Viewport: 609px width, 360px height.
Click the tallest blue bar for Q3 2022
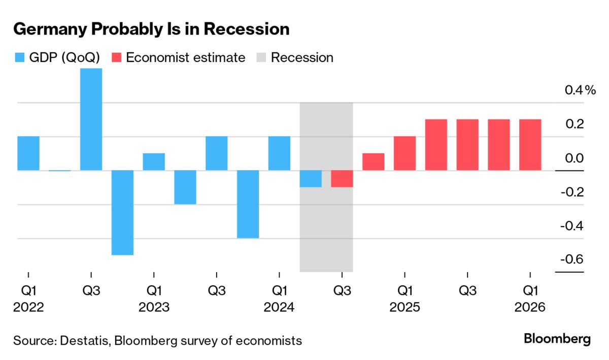[91, 119]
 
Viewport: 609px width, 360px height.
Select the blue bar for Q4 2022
[122, 212]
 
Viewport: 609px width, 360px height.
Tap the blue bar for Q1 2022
[28, 153]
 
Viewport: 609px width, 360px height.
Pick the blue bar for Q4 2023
[248, 204]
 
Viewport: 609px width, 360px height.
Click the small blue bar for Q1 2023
[154, 162]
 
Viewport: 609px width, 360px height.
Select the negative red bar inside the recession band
[342, 179]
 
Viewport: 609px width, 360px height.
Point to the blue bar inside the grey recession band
[311, 179]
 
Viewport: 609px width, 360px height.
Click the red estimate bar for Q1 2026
[530, 145]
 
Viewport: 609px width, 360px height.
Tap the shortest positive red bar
[373, 162]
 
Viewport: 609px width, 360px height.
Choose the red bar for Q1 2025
[404, 153]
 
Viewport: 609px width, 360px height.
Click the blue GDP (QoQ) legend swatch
[19, 57]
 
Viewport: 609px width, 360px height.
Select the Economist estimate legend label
[185, 57]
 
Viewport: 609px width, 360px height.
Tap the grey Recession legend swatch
[262, 57]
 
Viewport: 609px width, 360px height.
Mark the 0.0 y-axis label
[574, 158]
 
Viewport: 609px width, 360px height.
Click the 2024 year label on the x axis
[279, 308]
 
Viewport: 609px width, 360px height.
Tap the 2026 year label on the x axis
[530, 308]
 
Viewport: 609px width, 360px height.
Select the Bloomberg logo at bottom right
[557, 339]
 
